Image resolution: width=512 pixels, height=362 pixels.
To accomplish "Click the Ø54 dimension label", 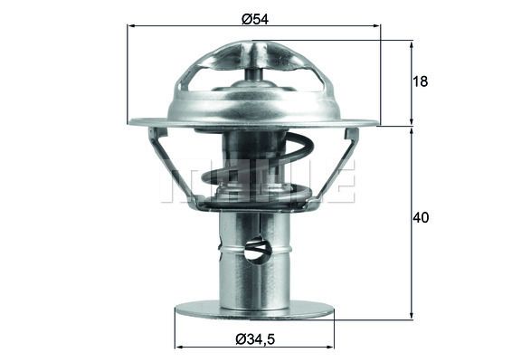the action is [x=255, y=19].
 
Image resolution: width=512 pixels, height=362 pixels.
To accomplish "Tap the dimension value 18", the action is [x=420, y=81].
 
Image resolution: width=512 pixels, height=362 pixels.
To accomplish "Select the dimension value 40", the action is [x=421, y=217].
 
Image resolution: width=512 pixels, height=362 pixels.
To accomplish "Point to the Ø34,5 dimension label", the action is [x=255, y=339].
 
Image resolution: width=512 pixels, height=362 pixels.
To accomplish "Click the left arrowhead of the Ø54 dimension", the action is [x=131, y=25].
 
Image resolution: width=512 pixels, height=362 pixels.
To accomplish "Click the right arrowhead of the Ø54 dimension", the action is [x=377, y=25].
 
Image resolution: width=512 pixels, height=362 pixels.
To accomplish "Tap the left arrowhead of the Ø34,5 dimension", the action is [x=179, y=347].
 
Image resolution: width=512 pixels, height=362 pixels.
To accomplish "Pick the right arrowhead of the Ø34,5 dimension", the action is [x=330, y=347].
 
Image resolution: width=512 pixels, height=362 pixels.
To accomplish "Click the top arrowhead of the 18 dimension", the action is [x=412, y=44].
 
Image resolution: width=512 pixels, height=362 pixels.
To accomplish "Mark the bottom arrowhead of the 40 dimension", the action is [x=412, y=314].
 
